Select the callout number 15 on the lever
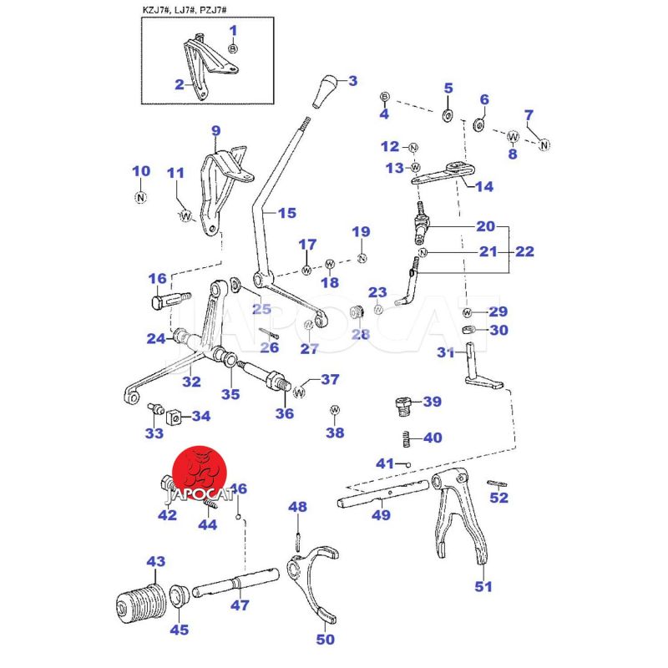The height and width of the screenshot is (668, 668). click(286, 214)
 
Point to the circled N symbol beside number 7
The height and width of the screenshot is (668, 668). click(544, 144)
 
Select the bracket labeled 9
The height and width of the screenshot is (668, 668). click(224, 180)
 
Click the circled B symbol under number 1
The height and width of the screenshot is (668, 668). click(233, 49)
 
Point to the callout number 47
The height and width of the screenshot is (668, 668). click(240, 605)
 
